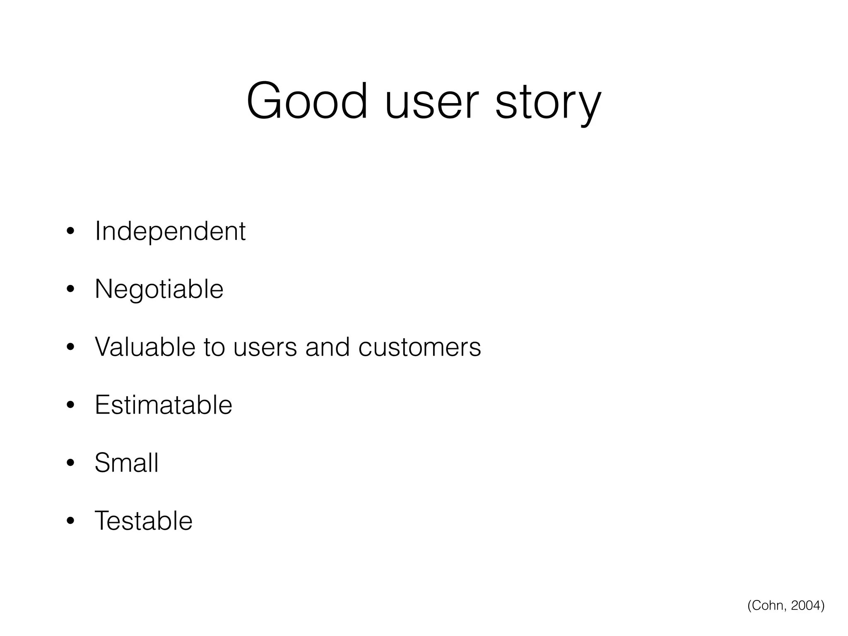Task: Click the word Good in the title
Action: click(307, 101)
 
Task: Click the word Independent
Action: click(170, 231)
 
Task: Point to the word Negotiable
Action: click(159, 289)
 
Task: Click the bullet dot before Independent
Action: click(70, 231)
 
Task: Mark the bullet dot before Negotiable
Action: click(70, 289)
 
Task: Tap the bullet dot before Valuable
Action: click(70, 347)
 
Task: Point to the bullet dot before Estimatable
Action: click(70, 405)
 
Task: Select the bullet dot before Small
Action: click(70, 463)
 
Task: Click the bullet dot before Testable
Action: click(70, 521)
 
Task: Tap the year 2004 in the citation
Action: click(805, 605)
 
